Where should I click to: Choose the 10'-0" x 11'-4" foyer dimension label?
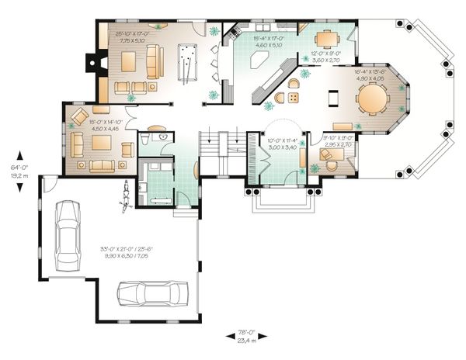(273, 140)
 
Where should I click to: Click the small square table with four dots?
(294, 97)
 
